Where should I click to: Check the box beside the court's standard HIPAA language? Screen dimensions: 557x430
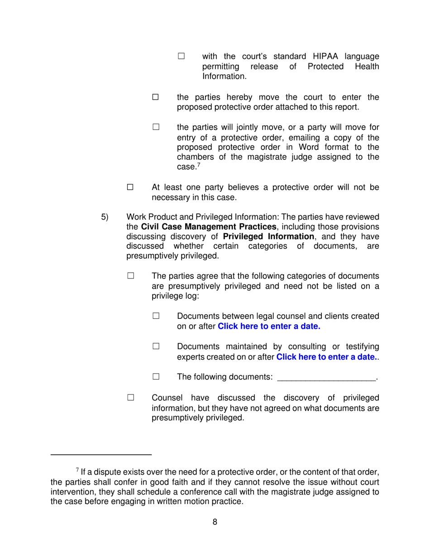pyautogui.click(x=181, y=56)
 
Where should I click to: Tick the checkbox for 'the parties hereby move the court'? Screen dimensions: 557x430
pyautogui.click(x=156, y=97)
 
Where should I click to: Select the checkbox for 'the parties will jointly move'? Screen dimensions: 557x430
pyautogui.click(x=156, y=127)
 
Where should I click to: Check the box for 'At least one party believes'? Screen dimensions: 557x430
pyautogui.click(x=130, y=187)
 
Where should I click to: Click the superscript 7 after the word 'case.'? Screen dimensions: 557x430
pyautogui.click(x=198, y=165)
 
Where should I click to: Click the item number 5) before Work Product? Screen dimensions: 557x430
pyautogui.click(x=105, y=217)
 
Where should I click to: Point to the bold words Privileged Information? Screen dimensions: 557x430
pyautogui.click(x=268, y=237)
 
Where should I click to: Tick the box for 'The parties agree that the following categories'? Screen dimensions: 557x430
pyautogui.click(x=130, y=275)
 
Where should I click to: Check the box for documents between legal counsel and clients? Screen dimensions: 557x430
pyautogui.click(x=156, y=316)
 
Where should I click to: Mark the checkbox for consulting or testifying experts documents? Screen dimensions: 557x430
pyautogui.click(x=156, y=346)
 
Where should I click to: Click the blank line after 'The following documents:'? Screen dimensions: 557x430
pyautogui.click(x=326, y=378)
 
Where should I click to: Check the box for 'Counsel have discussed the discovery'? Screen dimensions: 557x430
pyautogui.click(x=130, y=398)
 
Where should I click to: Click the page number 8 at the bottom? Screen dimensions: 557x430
pyautogui.click(x=215, y=522)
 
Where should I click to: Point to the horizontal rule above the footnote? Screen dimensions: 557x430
pyautogui.click(x=100, y=454)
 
